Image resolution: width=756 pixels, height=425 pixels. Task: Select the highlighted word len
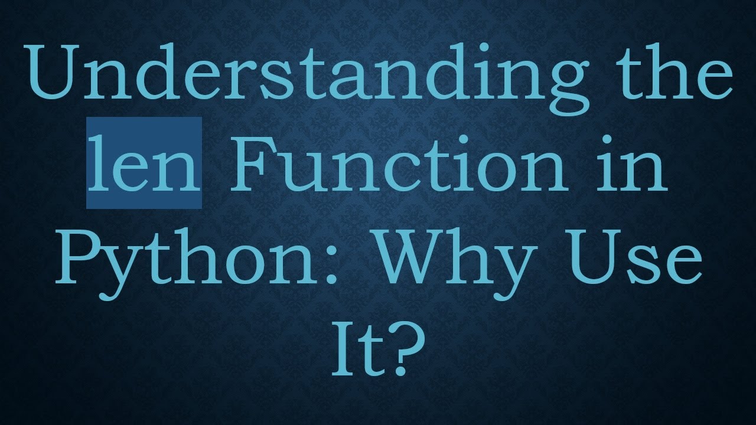[144, 164]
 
